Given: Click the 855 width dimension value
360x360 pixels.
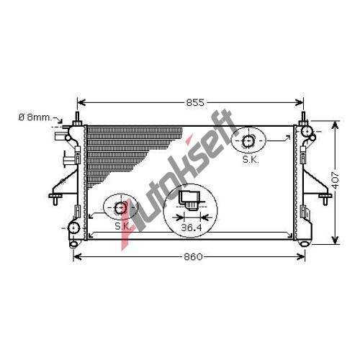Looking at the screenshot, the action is [195, 103].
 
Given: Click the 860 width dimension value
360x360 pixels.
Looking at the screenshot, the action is [193, 257].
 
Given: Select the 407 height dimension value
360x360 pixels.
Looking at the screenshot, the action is [335, 180].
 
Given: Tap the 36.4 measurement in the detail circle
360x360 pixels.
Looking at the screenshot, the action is [192, 228].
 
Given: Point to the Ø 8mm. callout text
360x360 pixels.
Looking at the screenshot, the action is [35, 117].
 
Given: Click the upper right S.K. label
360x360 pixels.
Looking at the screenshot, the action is [251, 159].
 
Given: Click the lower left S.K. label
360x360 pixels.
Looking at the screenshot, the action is [122, 226].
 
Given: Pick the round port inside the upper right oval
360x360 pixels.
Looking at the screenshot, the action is [248, 141].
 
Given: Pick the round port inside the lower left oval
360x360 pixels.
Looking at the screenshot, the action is [120, 208].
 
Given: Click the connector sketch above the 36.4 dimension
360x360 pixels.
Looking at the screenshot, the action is [190, 201].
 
